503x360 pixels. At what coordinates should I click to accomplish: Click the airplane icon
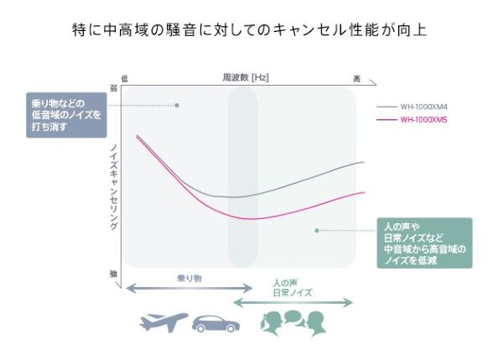click(163, 323)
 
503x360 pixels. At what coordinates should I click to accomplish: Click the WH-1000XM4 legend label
click(423, 107)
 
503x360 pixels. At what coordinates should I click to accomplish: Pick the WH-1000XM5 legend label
click(423, 120)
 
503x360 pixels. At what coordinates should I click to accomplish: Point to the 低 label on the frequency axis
click(125, 78)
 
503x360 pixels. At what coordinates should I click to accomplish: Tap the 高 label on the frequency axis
click(356, 78)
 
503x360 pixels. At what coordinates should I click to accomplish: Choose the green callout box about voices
click(424, 243)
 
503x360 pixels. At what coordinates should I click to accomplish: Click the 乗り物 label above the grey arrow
click(189, 277)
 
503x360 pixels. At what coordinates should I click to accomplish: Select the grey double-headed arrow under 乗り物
click(189, 288)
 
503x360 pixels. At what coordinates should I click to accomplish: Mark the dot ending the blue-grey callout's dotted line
click(177, 106)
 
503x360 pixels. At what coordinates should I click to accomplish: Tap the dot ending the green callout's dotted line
click(316, 230)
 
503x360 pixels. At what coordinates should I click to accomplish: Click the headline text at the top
click(251, 29)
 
